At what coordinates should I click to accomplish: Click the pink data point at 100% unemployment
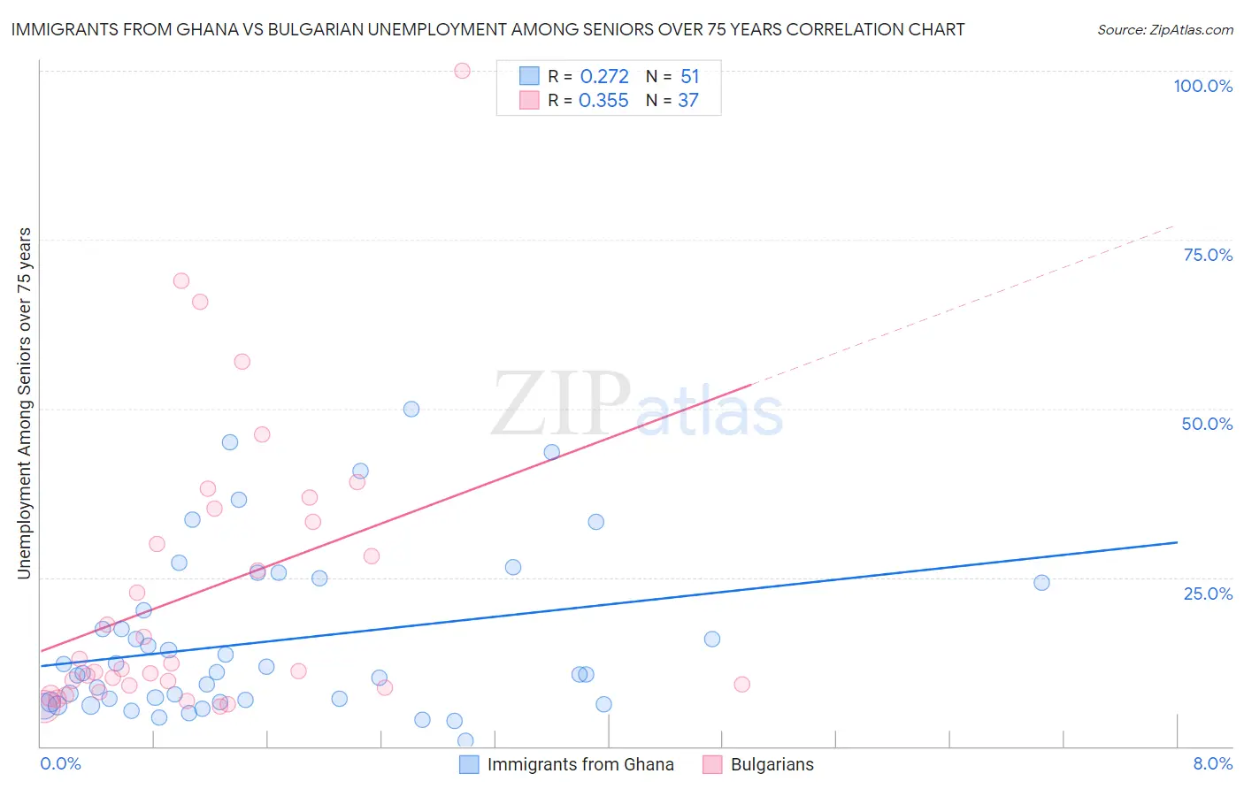[x=462, y=71]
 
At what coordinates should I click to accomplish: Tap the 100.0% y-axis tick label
[x=1202, y=86]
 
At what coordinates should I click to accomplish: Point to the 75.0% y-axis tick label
[x=1208, y=255]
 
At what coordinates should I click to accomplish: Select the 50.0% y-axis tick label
[x=1207, y=424]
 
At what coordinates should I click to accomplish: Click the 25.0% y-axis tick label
[x=1208, y=593]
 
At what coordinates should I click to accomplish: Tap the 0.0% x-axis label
[x=60, y=763]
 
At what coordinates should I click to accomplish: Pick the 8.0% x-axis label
[x=1212, y=763]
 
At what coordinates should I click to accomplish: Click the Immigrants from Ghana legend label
[x=580, y=764]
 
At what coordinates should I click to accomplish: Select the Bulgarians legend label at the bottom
[x=772, y=764]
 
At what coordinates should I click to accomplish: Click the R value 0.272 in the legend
[x=604, y=77]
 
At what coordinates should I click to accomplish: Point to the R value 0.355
[x=603, y=101]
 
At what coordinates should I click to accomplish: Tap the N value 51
[x=689, y=77]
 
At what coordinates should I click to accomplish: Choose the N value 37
[x=688, y=101]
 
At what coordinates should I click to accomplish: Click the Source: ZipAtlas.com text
[x=1164, y=30]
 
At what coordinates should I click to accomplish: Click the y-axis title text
[x=25, y=403]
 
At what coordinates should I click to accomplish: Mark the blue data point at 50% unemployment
[x=411, y=409]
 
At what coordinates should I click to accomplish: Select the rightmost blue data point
[x=1041, y=582]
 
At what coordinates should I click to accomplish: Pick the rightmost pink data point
[x=741, y=684]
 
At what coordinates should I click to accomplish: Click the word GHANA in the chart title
[x=209, y=29]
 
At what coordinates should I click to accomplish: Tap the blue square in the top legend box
[x=529, y=76]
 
